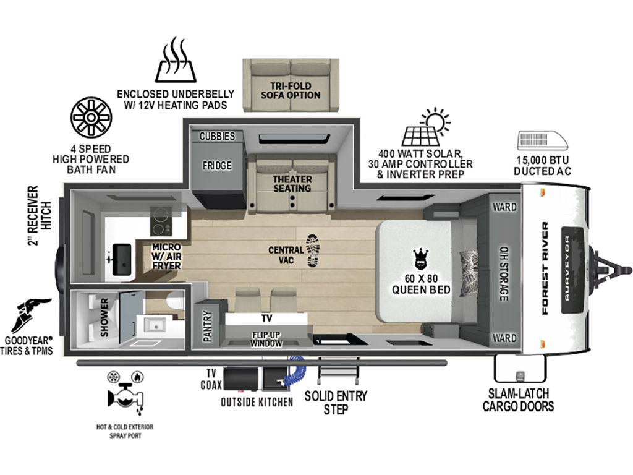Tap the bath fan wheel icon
[x=91, y=117]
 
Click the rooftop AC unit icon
[x=542, y=140]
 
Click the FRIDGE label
[x=217, y=166]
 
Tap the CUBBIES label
[x=217, y=136]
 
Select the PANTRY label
[x=208, y=326]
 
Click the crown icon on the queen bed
[x=420, y=259]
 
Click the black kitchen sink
[x=122, y=259]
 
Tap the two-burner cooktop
[x=160, y=221]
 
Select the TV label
[x=266, y=319]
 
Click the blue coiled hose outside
[x=296, y=372]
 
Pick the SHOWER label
[x=104, y=317]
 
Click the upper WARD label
[x=504, y=207]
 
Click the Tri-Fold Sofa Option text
[x=291, y=90]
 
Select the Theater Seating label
[x=292, y=183]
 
